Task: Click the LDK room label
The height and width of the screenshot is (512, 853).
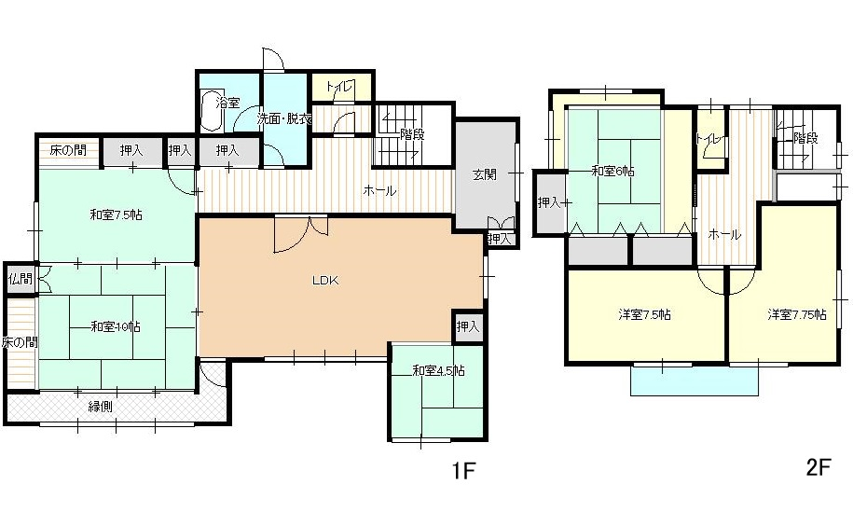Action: tap(326, 281)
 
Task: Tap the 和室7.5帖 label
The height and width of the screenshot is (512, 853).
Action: tap(116, 214)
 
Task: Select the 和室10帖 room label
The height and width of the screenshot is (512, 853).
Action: tap(116, 326)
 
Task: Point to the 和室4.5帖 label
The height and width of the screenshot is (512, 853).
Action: tap(438, 371)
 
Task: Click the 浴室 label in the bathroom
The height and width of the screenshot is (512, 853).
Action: tap(227, 103)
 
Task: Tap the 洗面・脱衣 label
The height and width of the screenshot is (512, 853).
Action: tap(284, 118)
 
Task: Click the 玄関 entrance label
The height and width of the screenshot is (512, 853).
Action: tap(484, 175)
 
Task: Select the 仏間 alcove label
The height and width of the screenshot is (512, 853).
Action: tap(21, 280)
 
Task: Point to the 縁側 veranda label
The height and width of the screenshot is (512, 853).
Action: tap(101, 406)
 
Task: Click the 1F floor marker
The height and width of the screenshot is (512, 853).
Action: tap(463, 471)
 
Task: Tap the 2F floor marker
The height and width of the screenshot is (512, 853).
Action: tap(819, 467)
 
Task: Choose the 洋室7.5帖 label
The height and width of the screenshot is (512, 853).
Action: tap(645, 314)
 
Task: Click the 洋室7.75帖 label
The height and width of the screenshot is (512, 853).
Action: tap(797, 314)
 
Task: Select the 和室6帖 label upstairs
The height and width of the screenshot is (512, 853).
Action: tap(613, 172)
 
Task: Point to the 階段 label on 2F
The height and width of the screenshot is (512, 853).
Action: tap(805, 138)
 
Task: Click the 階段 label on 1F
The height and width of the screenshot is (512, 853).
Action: tap(412, 134)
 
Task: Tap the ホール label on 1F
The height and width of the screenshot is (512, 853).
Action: tap(379, 191)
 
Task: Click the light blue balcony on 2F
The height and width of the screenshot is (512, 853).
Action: tap(695, 380)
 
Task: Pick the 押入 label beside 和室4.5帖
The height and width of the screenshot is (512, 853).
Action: tap(468, 326)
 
